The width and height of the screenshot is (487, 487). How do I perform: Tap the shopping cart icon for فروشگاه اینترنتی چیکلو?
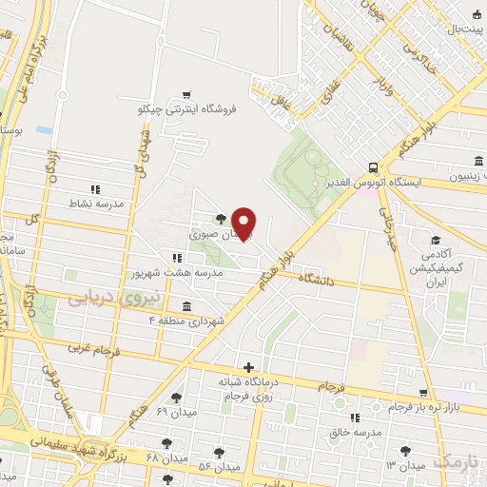(186, 95)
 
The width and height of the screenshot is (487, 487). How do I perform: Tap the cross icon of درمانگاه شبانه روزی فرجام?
(248, 366)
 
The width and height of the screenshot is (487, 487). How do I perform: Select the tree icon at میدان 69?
(175, 398)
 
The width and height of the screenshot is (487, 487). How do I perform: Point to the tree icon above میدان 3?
(408, 449)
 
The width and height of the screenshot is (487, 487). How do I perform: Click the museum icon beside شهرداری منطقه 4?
(185, 306)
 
